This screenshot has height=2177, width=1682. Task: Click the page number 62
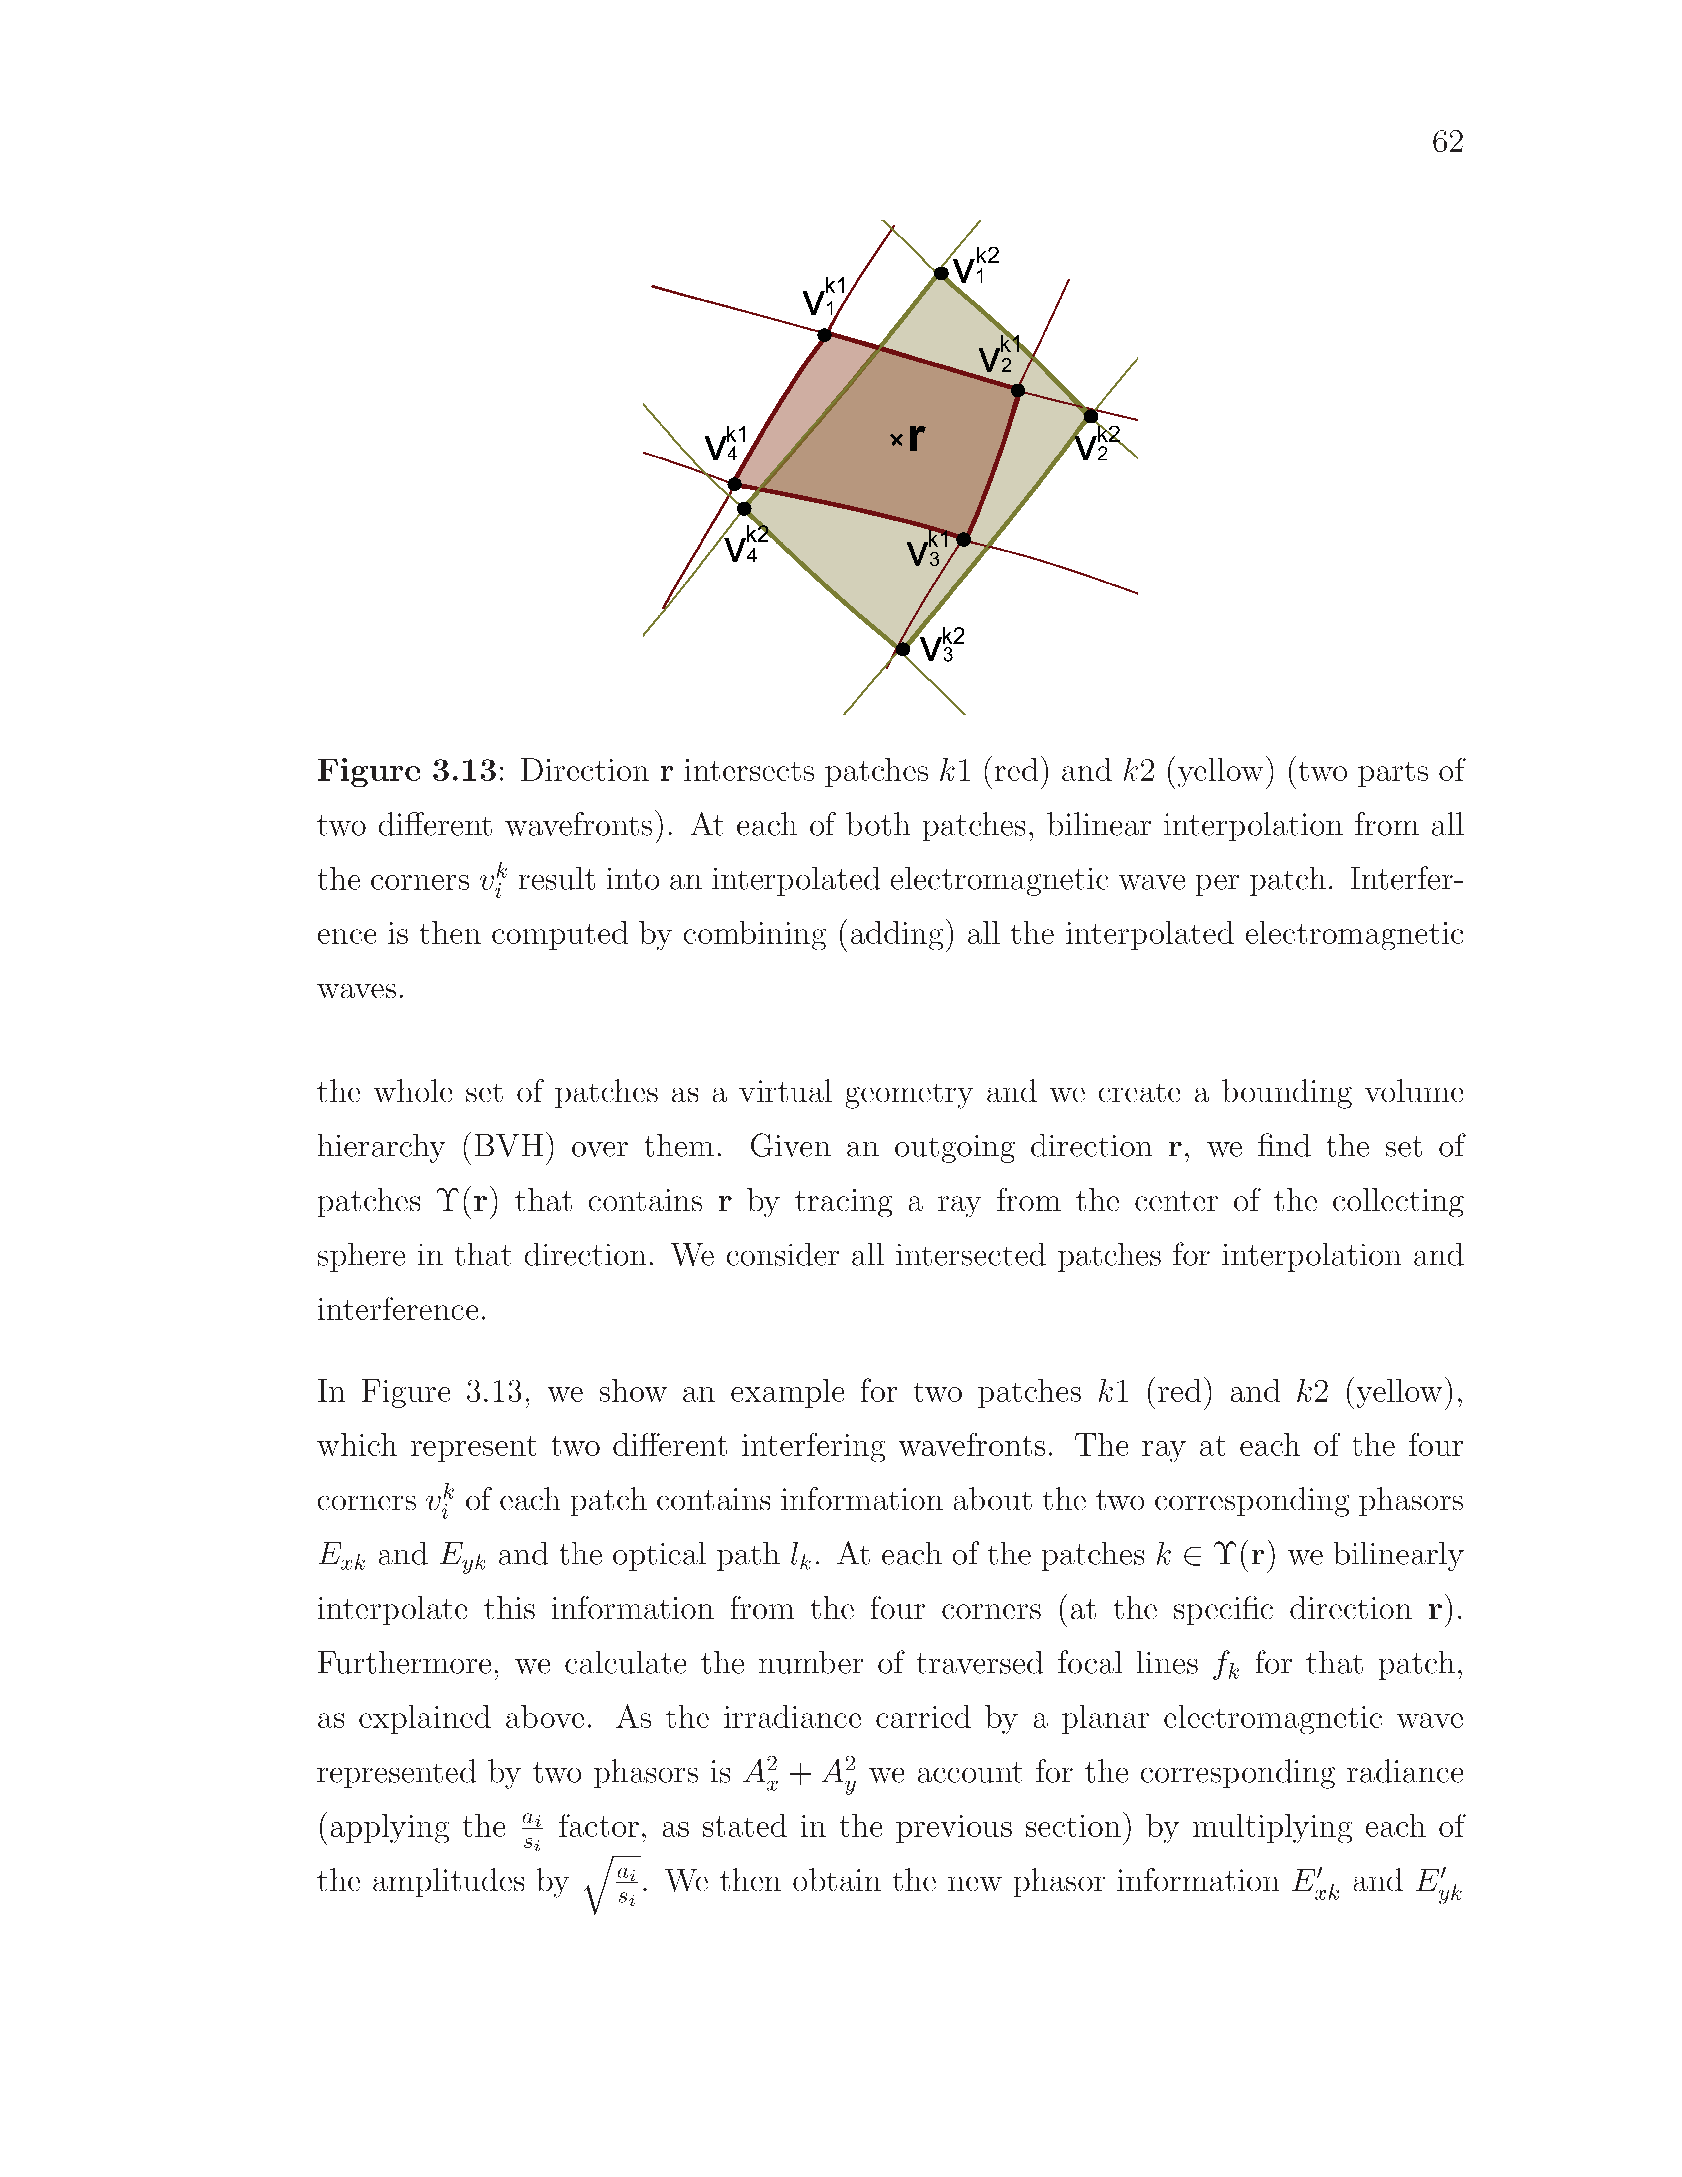1447,142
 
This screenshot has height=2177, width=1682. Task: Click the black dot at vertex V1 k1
824,335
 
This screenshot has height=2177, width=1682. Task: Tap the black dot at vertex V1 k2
941,273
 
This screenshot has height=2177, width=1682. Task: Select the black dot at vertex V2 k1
1017,390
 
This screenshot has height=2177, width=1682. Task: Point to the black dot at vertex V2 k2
1090,416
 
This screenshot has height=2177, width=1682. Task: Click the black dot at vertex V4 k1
734,485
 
